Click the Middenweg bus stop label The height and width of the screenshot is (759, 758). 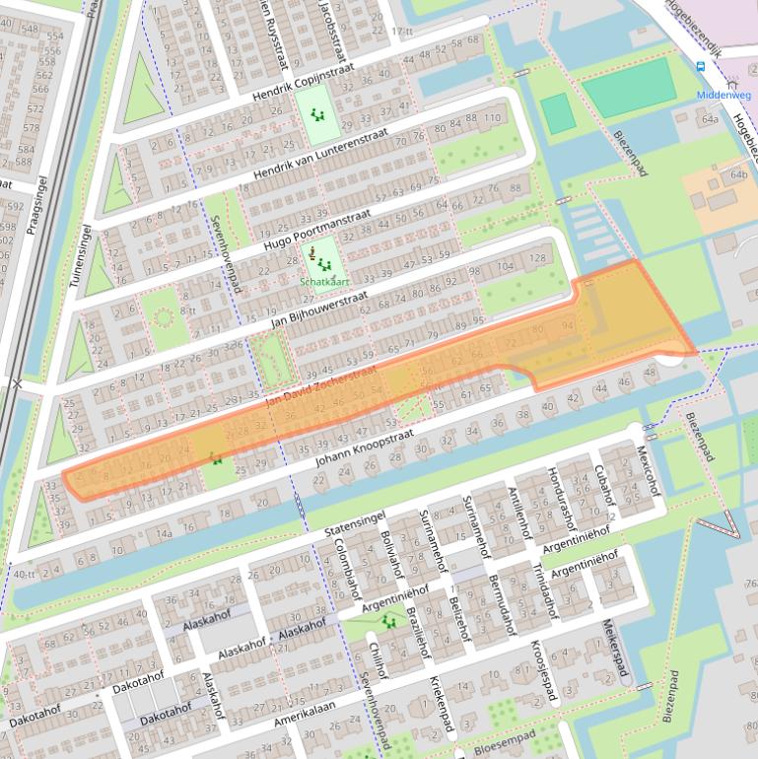tap(724, 96)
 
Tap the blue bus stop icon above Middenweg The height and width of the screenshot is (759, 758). tap(701, 67)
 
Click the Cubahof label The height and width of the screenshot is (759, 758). tap(602, 484)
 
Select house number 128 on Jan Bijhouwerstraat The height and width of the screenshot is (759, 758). tap(537, 258)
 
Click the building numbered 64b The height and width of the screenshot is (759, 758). tap(738, 174)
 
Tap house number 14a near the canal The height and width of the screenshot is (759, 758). tap(164, 534)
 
